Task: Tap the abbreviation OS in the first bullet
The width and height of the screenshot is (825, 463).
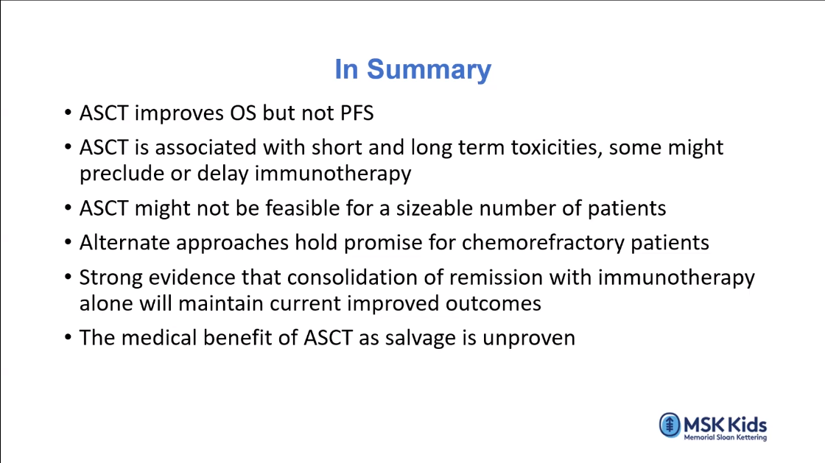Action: point(243,113)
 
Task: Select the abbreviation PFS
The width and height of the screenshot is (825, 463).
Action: point(357,113)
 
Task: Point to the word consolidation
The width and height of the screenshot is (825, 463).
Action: point(352,278)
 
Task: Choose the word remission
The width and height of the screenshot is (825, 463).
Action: point(493,278)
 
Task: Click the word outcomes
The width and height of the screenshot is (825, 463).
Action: point(493,304)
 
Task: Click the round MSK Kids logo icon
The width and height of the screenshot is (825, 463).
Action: point(670,425)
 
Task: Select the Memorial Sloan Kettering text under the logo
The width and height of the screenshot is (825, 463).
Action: point(725,437)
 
